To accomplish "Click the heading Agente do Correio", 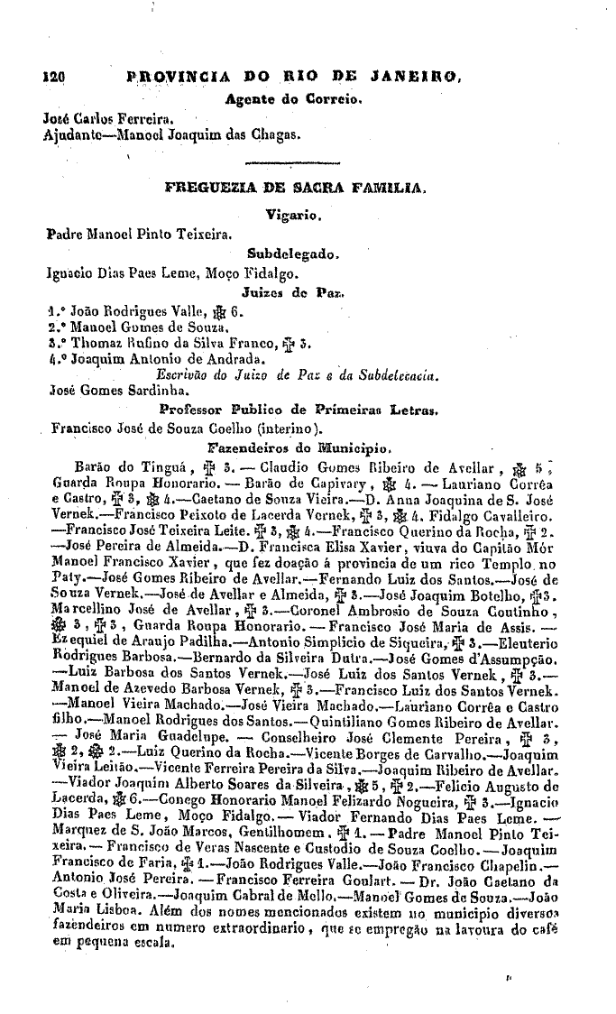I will coord(293,97).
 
